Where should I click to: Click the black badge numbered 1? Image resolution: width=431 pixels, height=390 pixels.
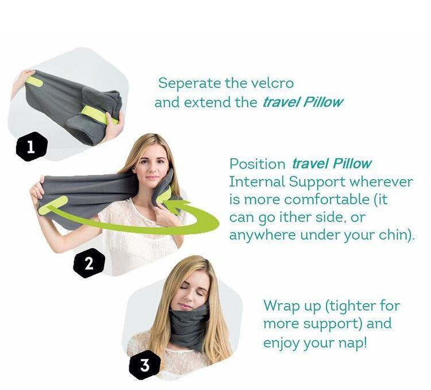coord(31,147)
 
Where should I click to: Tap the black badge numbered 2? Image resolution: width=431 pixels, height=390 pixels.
coord(88,263)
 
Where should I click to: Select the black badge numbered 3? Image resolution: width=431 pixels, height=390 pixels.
coord(145,365)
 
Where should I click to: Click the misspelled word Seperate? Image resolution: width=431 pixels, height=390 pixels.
coord(190,83)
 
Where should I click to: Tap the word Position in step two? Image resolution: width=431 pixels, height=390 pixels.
coord(257,164)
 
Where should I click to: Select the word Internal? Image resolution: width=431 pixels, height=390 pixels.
coord(257,182)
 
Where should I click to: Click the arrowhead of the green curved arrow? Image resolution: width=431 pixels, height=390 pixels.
coord(176,206)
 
